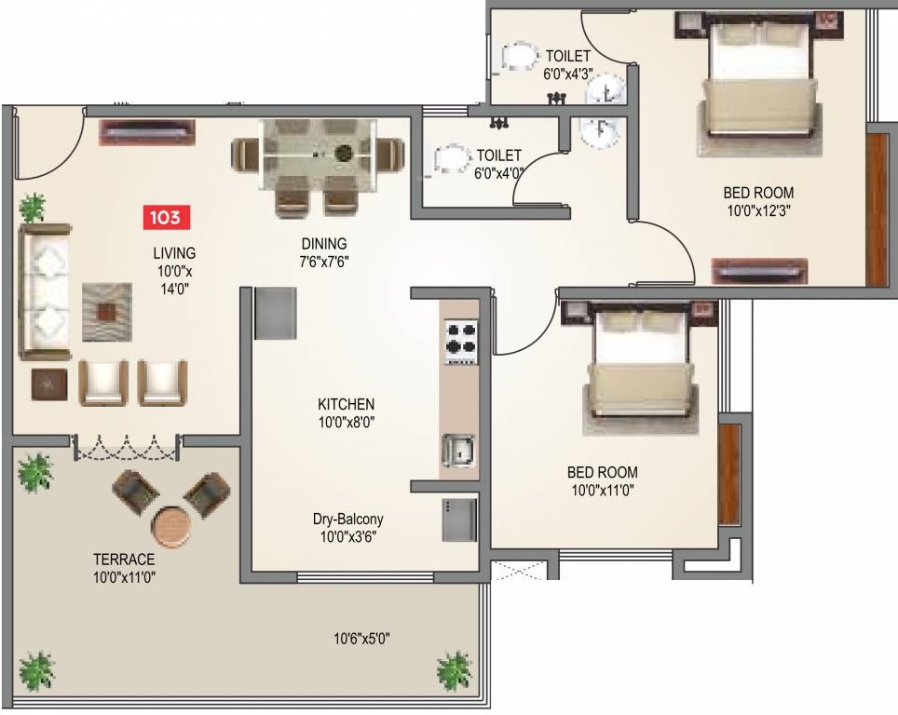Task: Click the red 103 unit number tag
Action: click(166, 218)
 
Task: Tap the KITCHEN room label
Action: click(346, 404)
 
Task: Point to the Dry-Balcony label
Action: click(348, 519)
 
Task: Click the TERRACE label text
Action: click(124, 559)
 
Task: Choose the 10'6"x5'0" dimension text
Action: click(362, 638)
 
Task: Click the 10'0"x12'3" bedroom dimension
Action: click(759, 210)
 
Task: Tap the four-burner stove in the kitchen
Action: click(461, 342)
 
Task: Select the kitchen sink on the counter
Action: click(458, 451)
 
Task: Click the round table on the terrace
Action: click(171, 525)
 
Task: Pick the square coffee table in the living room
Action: click(106, 312)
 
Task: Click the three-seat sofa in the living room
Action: click(46, 292)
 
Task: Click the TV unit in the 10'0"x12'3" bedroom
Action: click(759, 271)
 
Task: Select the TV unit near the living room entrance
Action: click(148, 132)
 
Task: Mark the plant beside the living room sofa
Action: click(32, 208)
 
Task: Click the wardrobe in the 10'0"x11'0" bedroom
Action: click(729, 475)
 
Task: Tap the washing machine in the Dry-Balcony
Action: click(458, 519)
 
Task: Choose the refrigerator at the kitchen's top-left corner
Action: click(276, 313)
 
